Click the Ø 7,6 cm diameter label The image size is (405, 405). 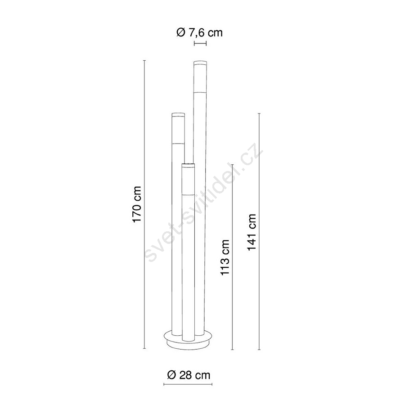[199, 33]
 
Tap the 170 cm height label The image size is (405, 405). [136, 204]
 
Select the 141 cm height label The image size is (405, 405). [252, 232]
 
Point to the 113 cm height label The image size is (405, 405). [225, 257]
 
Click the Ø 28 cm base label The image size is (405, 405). [189, 375]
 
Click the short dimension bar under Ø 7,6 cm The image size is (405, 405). [200, 44]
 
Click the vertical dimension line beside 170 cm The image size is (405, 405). [144, 204]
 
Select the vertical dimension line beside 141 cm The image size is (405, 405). [259, 231]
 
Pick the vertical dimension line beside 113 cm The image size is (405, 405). [233, 257]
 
